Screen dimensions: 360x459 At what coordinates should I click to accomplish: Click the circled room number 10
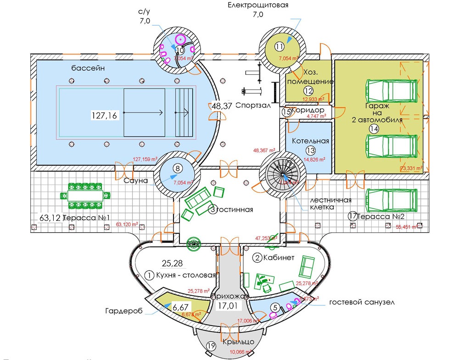179,50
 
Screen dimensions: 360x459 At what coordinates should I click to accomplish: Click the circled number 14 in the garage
374,129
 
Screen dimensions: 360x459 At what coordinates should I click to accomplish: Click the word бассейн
89,68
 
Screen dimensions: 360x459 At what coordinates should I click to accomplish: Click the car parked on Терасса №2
391,199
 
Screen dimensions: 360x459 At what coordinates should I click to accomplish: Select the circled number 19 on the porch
211,346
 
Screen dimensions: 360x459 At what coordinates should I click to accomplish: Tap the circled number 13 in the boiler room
311,150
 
